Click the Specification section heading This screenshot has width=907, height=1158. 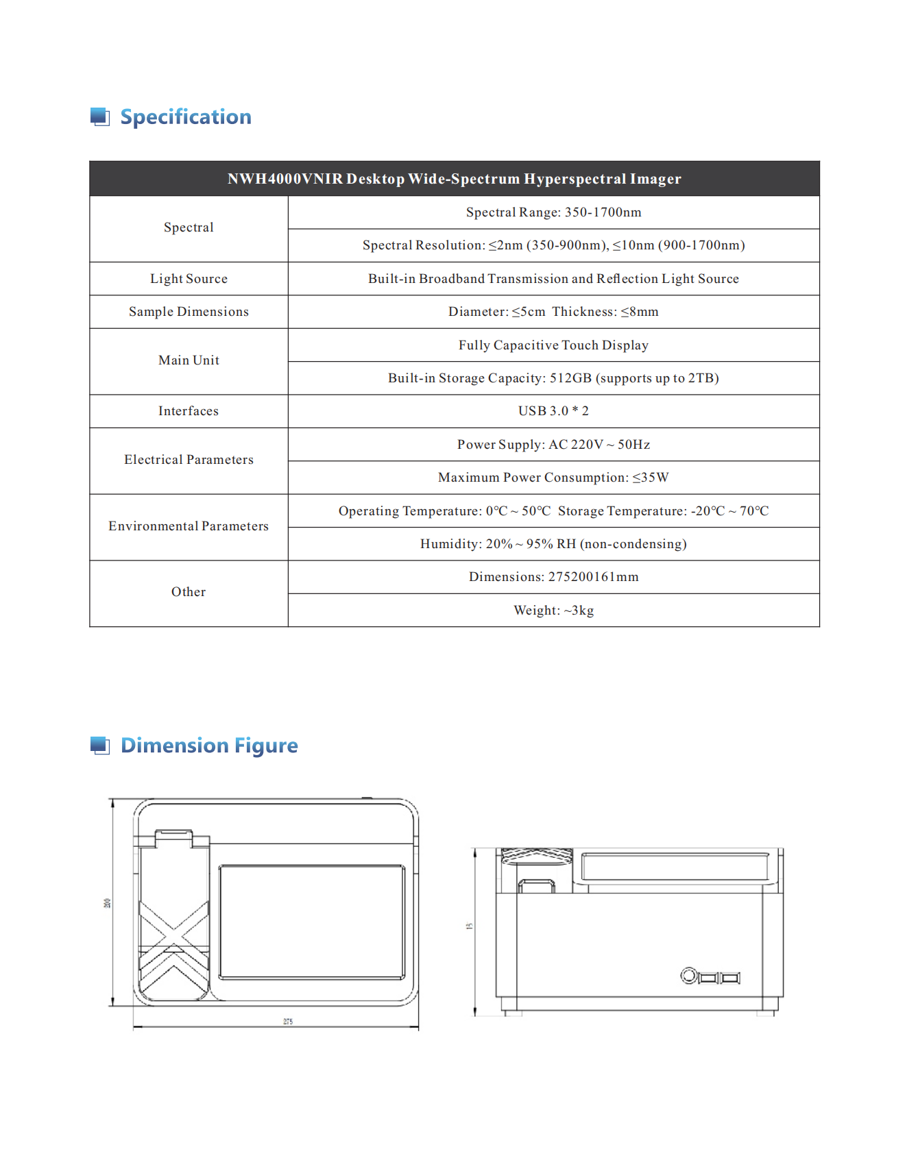(185, 117)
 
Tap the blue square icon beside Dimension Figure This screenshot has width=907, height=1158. (100, 746)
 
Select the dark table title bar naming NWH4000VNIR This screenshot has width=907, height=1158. (454, 179)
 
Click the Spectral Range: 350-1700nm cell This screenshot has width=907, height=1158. (553, 212)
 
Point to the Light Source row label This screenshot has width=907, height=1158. (189, 279)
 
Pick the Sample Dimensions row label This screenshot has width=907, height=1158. (189, 312)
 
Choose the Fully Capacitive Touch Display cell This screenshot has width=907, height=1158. (553, 345)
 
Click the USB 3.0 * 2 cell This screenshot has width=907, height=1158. (553, 411)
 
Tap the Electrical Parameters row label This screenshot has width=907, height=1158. (189, 460)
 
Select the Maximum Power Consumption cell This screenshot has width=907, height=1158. (553, 478)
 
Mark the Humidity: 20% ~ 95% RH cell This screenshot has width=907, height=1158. (553, 544)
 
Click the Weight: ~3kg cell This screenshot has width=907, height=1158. (553, 611)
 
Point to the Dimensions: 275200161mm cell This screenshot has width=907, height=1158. (553, 577)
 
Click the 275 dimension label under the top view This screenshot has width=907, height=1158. (288, 1022)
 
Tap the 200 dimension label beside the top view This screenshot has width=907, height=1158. (107, 903)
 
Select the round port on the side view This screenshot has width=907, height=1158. (688, 975)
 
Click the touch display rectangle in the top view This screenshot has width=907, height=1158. (312, 922)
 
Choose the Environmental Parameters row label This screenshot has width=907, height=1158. (189, 526)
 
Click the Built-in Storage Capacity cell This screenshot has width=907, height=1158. (553, 378)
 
